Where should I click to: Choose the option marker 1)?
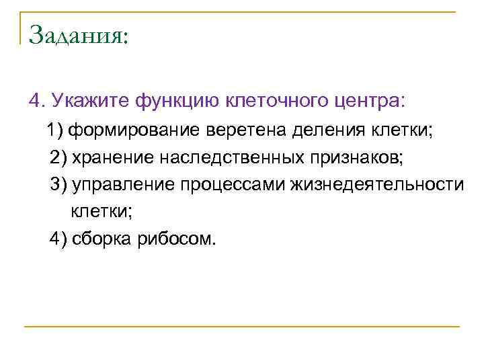pos(56,130)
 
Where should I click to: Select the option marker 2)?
pos(58,157)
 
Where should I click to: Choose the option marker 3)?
pos(58,185)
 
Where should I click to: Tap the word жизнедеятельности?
pos(376,185)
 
